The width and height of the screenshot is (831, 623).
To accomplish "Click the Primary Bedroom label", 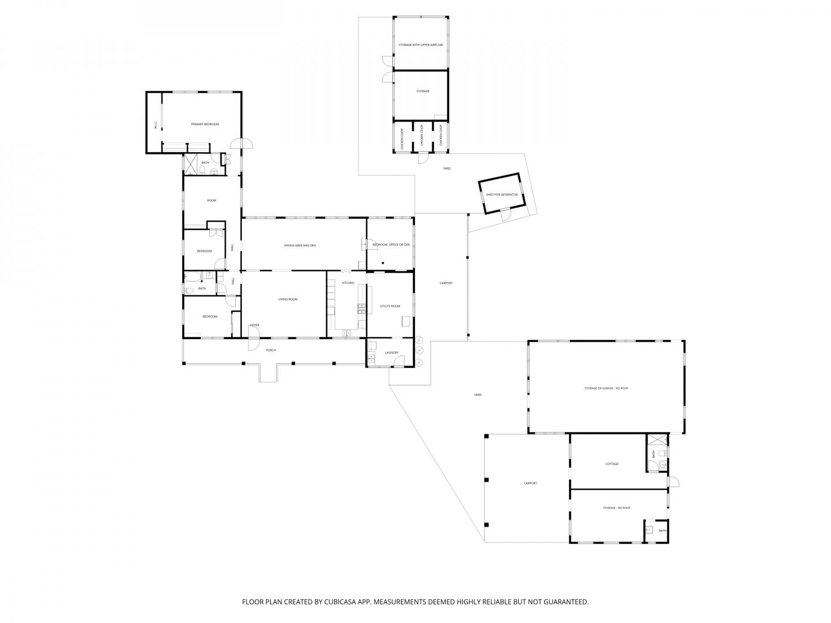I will pos(205,124).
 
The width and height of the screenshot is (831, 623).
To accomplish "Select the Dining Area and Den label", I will pos(300,245).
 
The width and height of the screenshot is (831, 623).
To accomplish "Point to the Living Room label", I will pos(288,299).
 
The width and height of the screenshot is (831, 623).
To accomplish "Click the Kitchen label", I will pos(348,283).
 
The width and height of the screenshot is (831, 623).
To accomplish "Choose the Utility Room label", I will pos(390,306).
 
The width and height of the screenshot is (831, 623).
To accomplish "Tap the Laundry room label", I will pos(392,353).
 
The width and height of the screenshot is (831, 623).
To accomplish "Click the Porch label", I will pos(271,350).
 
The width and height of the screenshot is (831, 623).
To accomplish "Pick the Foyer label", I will pos(254,325).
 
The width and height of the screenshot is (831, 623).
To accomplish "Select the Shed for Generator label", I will pos(501,195).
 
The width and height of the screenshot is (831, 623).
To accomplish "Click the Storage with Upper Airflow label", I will pos(421,44).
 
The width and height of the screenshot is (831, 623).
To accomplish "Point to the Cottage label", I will pos(612,464).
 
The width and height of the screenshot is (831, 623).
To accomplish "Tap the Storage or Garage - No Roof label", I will pos(606,388).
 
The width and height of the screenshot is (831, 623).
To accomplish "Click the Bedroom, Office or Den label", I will pos(391,245).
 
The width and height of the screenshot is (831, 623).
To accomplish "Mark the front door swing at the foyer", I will pos(253,344).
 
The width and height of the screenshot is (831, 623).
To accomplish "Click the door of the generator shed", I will pos(506,215).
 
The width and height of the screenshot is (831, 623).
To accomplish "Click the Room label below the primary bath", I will pos(211,200).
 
